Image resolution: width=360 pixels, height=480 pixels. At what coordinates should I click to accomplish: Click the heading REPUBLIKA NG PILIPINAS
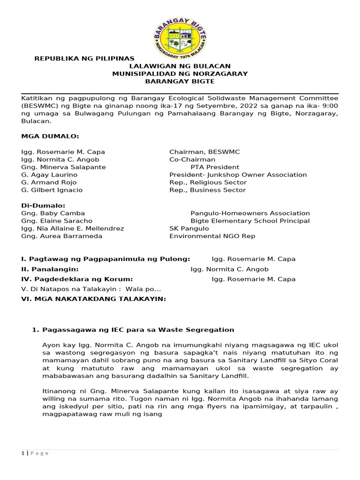click(85, 59)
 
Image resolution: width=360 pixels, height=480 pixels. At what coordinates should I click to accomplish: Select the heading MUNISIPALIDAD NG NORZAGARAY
click(180, 74)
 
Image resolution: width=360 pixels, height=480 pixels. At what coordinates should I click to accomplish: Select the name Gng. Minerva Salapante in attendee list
click(64, 167)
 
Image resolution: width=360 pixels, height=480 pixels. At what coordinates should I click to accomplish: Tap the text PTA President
click(215, 167)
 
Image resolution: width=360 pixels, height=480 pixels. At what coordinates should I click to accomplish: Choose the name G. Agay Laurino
click(49, 174)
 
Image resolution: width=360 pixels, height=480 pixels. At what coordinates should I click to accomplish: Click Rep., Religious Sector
click(208, 182)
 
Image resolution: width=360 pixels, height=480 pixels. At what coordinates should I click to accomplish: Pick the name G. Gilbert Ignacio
click(52, 190)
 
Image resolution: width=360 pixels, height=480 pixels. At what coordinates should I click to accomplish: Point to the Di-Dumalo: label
click(43, 205)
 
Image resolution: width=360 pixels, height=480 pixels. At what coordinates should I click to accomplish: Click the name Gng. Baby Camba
click(53, 213)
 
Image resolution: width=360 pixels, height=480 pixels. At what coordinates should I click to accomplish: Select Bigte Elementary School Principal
click(250, 221)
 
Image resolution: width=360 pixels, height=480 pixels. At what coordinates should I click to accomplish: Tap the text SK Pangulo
click(189, 228)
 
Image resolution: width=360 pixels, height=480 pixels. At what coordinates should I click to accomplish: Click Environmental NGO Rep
click(212, 236)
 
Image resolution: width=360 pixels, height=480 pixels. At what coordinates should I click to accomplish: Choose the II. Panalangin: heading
click(50, 269)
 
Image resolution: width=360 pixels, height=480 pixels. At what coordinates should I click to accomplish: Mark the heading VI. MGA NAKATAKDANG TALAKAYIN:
click(94, 298)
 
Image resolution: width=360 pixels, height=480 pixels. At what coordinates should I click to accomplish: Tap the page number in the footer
click(22, 453)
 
